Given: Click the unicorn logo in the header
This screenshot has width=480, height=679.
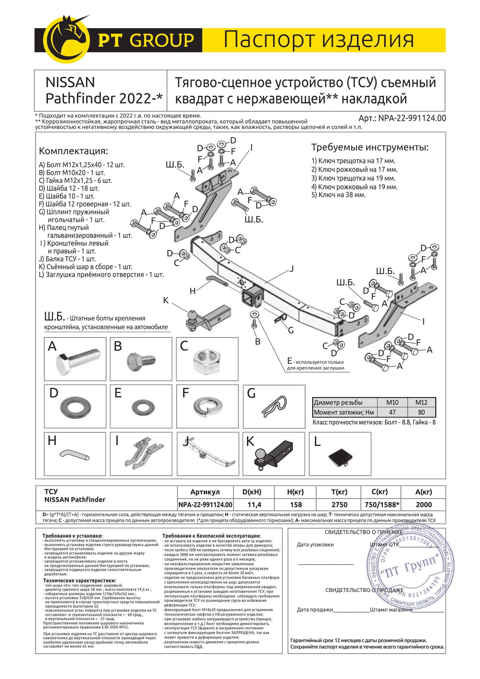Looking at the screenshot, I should (x=67, y=39).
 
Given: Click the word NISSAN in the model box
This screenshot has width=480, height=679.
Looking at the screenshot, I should (x=70, y=82).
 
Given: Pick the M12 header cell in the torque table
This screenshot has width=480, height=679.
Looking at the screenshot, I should (x=421, y=402).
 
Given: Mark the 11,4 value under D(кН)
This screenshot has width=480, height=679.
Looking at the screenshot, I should (x=254, y=505).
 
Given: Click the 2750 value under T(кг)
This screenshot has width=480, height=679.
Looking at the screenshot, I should (x=339, y=505).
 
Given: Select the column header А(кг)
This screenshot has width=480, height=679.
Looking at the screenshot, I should (x=423, y=492).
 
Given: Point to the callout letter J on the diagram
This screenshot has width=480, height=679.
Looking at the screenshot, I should (x=291, y=269).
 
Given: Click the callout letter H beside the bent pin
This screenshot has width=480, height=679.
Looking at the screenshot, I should (x=192, y=291).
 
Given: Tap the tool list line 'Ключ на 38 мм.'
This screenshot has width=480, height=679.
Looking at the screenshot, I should (x=338, y=195).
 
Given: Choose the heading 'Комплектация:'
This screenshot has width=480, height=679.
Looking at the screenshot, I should (x=73, y=151).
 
